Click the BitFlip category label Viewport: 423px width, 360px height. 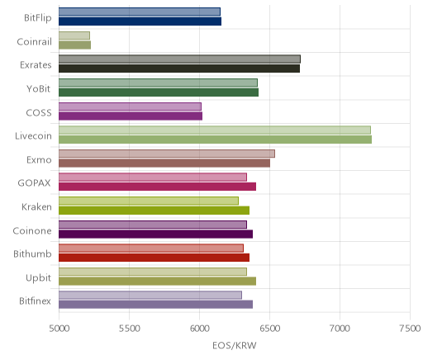click(38, 18)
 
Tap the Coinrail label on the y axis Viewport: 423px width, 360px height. click(34, 42)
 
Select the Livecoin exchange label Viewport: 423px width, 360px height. click(33, 136)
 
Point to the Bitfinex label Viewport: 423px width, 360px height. click(35, 301)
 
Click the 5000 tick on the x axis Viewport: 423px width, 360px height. click(59, 329)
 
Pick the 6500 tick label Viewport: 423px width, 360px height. click(270, 329)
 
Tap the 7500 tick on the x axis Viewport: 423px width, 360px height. click(410, 329)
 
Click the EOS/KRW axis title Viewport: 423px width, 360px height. click(235, 345)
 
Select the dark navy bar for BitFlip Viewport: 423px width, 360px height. click(140, 21)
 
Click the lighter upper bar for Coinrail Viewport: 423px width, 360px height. click(74, 36)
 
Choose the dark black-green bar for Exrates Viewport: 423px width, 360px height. click(179, 69)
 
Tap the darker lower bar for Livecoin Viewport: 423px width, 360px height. click(215, 140)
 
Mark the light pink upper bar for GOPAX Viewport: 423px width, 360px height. click(153, 177)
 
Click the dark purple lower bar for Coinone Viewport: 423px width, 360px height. click(155, 234)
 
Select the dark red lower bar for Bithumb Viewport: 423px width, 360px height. click(154, 258)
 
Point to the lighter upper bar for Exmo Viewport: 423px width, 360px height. click(167, 154)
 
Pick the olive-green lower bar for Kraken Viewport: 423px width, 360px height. click(154, 211)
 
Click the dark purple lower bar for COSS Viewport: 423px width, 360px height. click(131, 116)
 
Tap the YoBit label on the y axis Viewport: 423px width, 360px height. click(39, 89)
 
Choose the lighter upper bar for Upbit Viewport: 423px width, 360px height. click(153, 272)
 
